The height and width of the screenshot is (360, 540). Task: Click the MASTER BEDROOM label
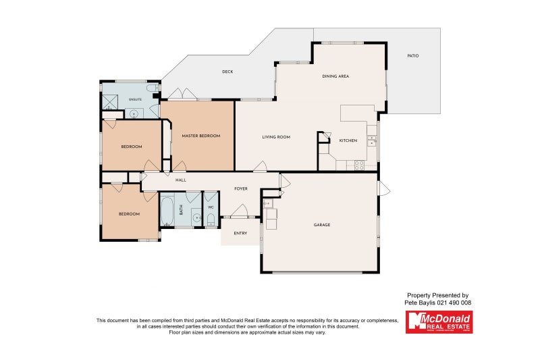200,136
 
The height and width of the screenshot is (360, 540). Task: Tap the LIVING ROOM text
276,137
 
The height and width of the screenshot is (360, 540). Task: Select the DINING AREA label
335,77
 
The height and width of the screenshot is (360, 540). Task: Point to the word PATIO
413,55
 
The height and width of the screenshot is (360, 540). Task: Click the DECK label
227,72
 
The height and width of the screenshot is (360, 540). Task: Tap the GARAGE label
322,225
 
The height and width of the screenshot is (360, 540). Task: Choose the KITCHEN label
348,140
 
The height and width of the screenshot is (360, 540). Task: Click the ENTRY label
240,233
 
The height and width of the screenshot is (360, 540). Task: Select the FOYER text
241,189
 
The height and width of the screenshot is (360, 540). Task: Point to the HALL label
181,180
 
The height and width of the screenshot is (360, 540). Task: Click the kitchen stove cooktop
360,164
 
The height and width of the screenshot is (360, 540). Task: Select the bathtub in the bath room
167,210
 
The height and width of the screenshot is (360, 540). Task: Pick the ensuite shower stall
110,101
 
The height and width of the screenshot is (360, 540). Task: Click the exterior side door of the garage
383,188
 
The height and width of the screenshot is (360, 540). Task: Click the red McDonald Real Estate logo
439,322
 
